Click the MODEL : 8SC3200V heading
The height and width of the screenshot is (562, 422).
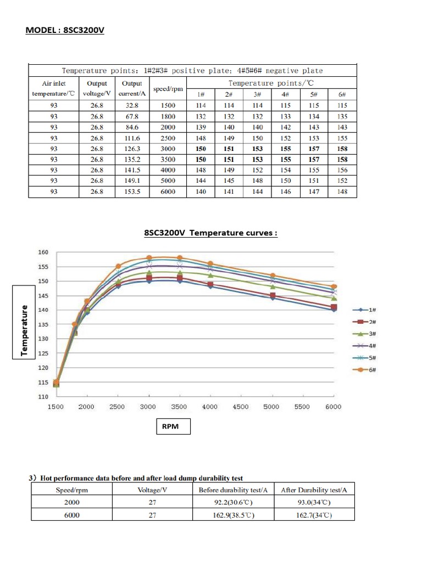click(65, 30)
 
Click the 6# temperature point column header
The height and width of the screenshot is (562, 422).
click(342, 94)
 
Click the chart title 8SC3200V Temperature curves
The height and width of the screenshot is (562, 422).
click(210, 233)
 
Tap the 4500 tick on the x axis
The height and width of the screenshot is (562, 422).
click(241, 407)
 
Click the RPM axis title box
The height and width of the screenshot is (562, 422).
click(170, 426)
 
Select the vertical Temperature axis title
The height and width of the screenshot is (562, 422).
click(24, 330)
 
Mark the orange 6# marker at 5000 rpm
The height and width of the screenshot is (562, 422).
click(272, 276)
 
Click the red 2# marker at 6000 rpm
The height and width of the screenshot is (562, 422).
click(334, 307)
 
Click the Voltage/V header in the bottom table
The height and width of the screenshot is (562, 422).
click(152, 490)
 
